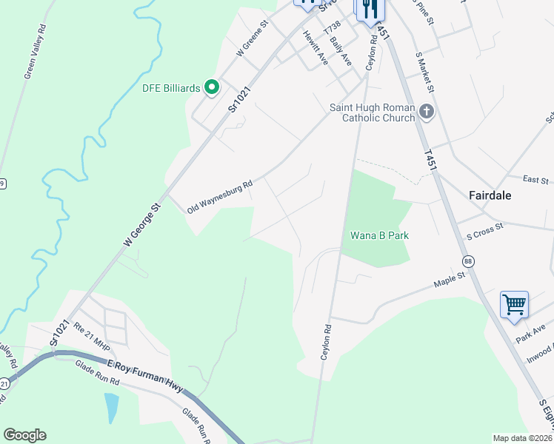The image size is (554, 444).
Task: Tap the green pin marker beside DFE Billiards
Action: pyautogui.click(x=211, y=88)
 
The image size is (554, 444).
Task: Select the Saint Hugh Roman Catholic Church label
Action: pyautogui.click(x=371, y=112)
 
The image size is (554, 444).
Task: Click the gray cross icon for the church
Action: pyautogui.click(x=426, y=112)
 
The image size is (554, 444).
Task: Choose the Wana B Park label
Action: pyautogui.click(x=380, y=235)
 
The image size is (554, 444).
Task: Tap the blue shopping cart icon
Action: pyautogui.click(x=514, y=303)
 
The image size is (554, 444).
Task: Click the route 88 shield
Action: pyautogui.click(x=468, y=262)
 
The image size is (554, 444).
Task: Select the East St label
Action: pyautogui.click(x=535, y=180)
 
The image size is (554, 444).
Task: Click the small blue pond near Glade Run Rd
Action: pyautogui.click(x=111, y=407)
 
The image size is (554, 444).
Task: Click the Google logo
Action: pyautogui.click(x=24, y=435)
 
